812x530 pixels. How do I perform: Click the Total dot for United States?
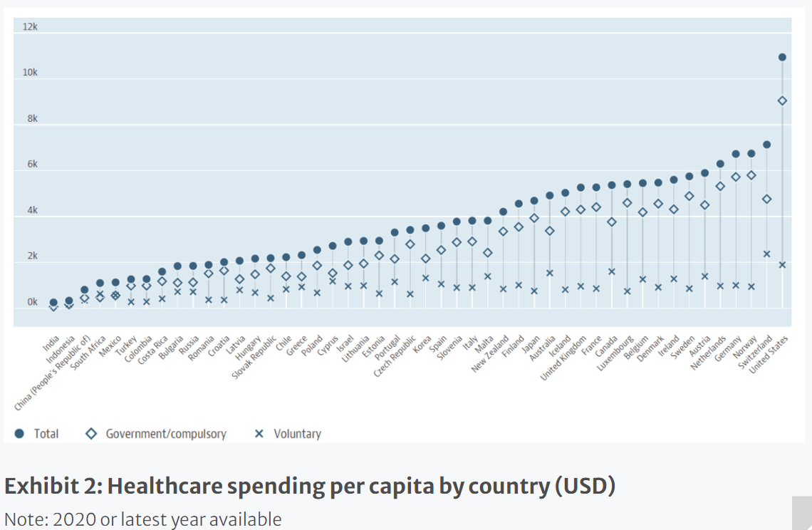point(782,57)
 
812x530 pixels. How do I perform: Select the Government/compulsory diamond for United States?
point(782,100)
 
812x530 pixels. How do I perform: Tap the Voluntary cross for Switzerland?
point(767,254)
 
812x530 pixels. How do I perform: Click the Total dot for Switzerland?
point(767,145)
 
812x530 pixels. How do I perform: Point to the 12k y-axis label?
point(30,26)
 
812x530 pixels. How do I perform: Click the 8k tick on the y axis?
point(33,119)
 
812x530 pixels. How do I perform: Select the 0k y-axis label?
point(33,301)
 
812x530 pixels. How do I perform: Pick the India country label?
point(51,343)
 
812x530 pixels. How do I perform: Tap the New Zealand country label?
point(490,354)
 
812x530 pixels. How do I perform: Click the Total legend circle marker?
point(19,434)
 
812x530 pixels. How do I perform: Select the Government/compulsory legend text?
point(166,434)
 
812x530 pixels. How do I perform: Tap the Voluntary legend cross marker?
point(259,434)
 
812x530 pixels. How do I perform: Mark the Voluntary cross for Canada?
point(612,271)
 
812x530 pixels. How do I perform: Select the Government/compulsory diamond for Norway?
point(751,176)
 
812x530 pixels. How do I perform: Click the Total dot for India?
point(53,303)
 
